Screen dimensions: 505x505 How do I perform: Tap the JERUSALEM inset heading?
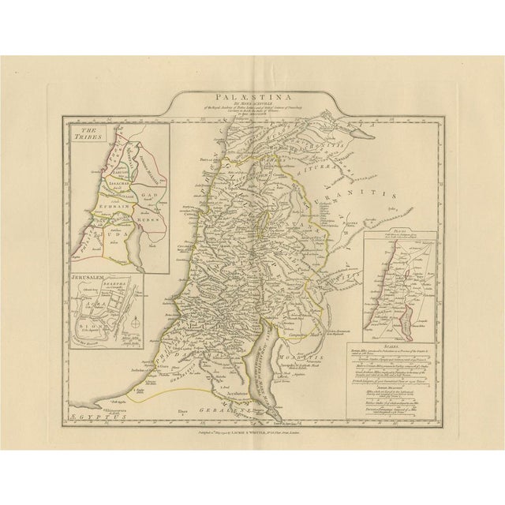89,280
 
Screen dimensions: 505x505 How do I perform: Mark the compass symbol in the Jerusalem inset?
135,323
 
